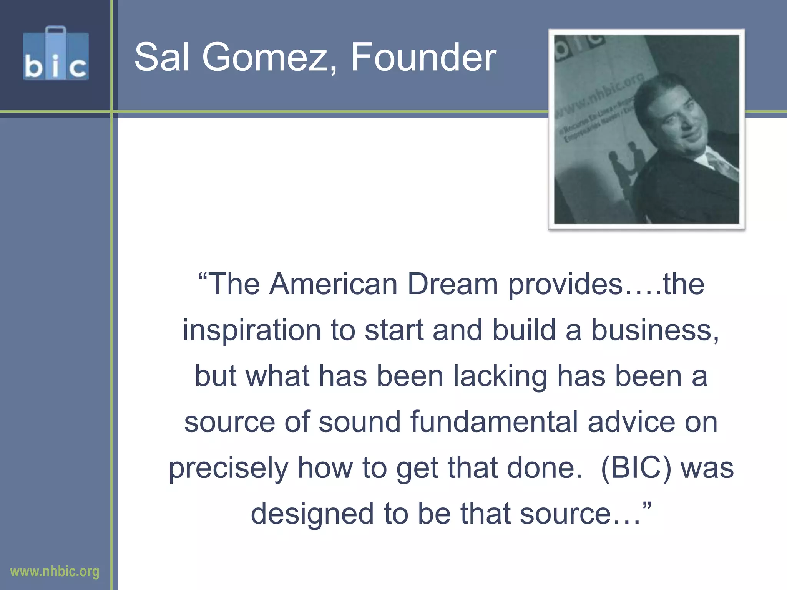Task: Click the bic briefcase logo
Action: (x=56, y=54)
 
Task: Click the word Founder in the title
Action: (x=423, y=58)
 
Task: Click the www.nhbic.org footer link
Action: (x=55, y=571)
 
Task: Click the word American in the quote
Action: (x=333, y=284)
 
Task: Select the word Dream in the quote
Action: (x=452, y=284)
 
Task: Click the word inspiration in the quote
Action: (x=251, y=330)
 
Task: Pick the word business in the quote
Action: (x=654, y=330)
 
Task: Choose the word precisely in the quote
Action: (x=228, y=468)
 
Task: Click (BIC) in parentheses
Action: (x=636, y=468)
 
